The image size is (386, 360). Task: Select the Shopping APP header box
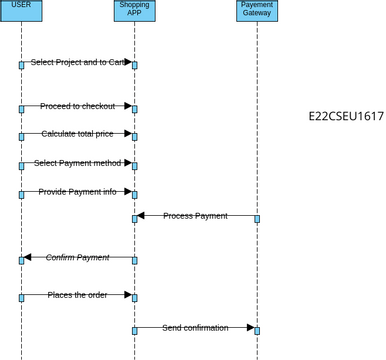point(134,10)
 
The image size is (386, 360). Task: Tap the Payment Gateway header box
point(257,10)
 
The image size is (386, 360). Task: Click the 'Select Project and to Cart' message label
point(78,62)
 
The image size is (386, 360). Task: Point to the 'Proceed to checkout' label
point(78,106)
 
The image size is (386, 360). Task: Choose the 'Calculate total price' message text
point(78,133)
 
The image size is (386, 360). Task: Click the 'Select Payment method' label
point(78,163)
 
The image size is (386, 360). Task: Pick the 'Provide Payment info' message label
point(78,191)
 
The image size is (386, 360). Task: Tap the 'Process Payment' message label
point(195,216)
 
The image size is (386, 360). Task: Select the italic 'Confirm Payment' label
point(78,258)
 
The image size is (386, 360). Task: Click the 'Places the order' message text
point(78,294)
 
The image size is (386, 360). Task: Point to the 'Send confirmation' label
point(195,328)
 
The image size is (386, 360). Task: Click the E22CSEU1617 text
point(346,117)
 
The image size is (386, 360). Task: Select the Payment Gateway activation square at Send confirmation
point(257,330)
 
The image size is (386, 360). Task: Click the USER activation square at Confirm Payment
point(20,260)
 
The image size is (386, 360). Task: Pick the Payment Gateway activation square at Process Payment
point(257,218)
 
